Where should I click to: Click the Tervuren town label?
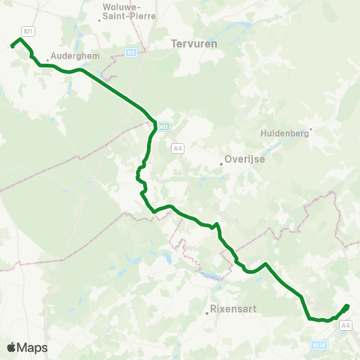pyautogui.click(x=193, y=43)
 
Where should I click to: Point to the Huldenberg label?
pyautogui.click(x=284, y=133)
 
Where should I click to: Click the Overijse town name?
pyautogui.click(x=244, y=160)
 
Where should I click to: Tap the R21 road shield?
pyautogui.click(x=28, y=31)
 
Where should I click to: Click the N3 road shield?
pyautogui.click(x=131, y=52)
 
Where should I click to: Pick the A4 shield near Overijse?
pyautogui.click(x=178, y=148)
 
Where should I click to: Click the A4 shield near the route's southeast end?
pyautogui.click(x=345, y=325)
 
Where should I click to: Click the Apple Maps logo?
pyautogui.click(x=27, y=347)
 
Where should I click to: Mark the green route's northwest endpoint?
pyautogui.click(x=12, y=46)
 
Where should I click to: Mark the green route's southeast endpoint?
pyautogui.click(x=347, y=305)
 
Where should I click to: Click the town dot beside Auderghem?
pyautogui.click(x=47, y=60)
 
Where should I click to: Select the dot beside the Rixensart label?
pyautogui.click(x=207, y=313)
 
